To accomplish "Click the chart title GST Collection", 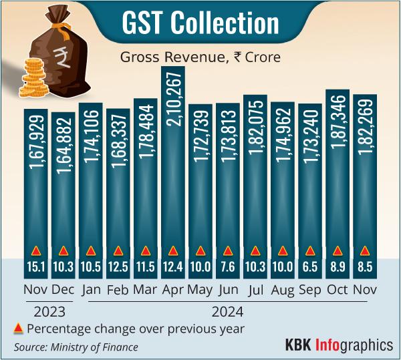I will point(200,23).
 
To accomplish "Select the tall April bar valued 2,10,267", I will point(173,167).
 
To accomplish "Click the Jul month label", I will point(255,291).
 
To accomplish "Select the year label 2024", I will point(228,311).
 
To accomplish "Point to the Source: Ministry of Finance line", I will point(76,347).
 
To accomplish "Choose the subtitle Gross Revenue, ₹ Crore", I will point(200,57).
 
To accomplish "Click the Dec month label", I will point(63,291).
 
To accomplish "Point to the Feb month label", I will point(118,291).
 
